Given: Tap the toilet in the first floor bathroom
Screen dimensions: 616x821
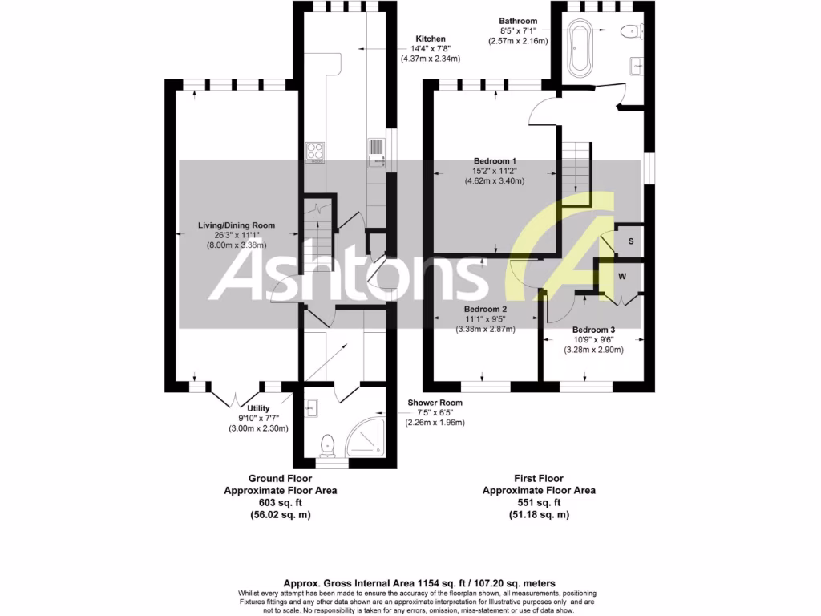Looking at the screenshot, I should [x=630, y=32].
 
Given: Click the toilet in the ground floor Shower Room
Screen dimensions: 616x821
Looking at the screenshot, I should [x=327, y=444].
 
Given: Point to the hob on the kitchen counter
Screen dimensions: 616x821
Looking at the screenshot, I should [x=316, y=152].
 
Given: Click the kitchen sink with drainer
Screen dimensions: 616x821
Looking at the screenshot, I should [x=376, y=152].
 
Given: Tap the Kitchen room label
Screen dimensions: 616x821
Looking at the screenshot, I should [x=431, y=38].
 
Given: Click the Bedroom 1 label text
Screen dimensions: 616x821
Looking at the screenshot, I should [x=495, y=161].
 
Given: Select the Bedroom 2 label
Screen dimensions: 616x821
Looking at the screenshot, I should [x=485, y=309].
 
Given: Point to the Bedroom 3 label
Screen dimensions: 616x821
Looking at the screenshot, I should [x=593, y=330].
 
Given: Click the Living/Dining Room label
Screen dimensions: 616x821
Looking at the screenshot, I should [x=237, y=225].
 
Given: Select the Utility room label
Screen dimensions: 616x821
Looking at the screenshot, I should [x=258, y=407].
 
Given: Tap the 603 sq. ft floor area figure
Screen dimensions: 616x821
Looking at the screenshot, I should [x=268, y=503].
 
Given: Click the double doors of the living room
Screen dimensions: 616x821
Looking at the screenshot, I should [x=235, y=396].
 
